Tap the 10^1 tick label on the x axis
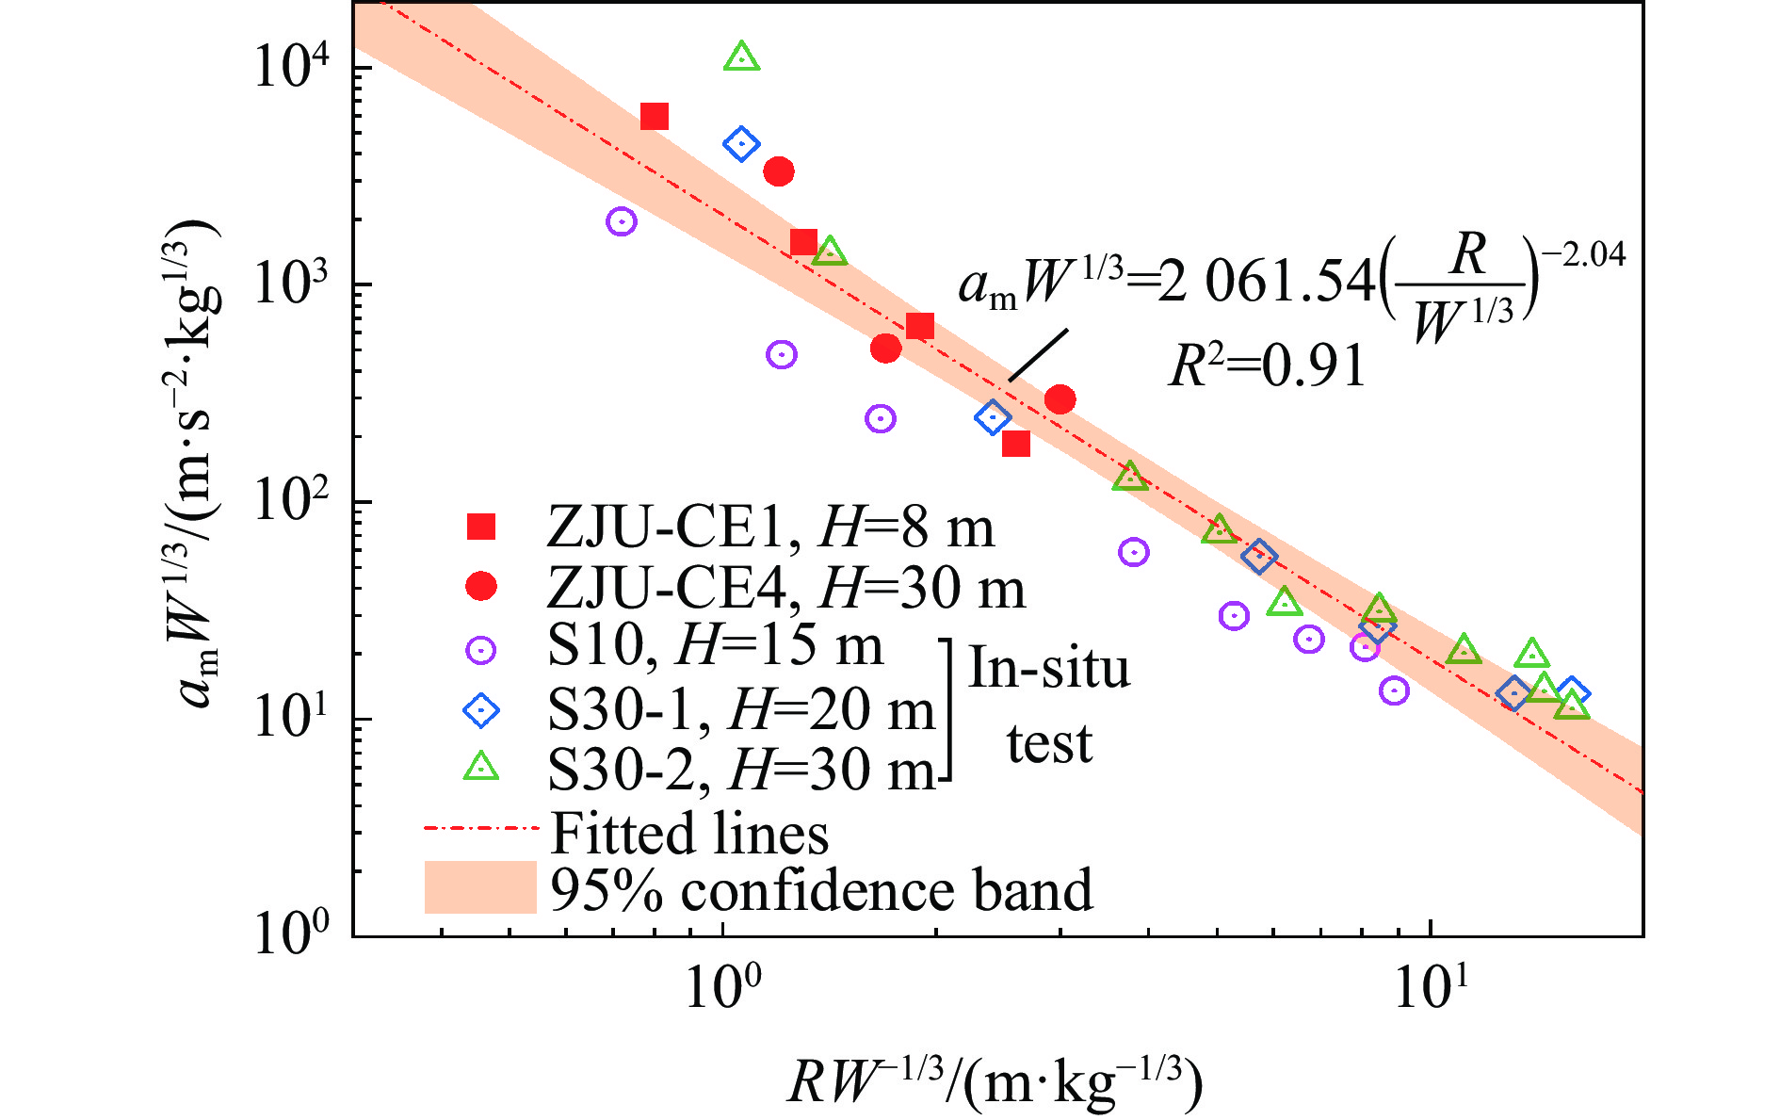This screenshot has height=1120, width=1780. (1430, 987)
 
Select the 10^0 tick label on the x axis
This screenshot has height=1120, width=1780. (721, 987)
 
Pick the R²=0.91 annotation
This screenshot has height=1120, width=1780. (1267, 365)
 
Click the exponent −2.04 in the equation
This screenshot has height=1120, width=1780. (1591, 254)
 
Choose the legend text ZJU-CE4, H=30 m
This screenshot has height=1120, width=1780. (785, 588)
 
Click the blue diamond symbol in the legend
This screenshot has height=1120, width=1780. (481, 709)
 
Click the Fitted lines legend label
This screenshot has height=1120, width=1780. (688, 833)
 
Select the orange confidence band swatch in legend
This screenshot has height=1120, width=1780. (480, 886)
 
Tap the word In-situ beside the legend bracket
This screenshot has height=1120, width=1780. (1048, 669)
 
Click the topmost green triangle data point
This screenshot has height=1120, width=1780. (742, 57)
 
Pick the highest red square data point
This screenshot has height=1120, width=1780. (655, 117)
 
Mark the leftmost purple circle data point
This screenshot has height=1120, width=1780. (621, 221)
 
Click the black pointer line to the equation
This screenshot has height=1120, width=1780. (1038, 355)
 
